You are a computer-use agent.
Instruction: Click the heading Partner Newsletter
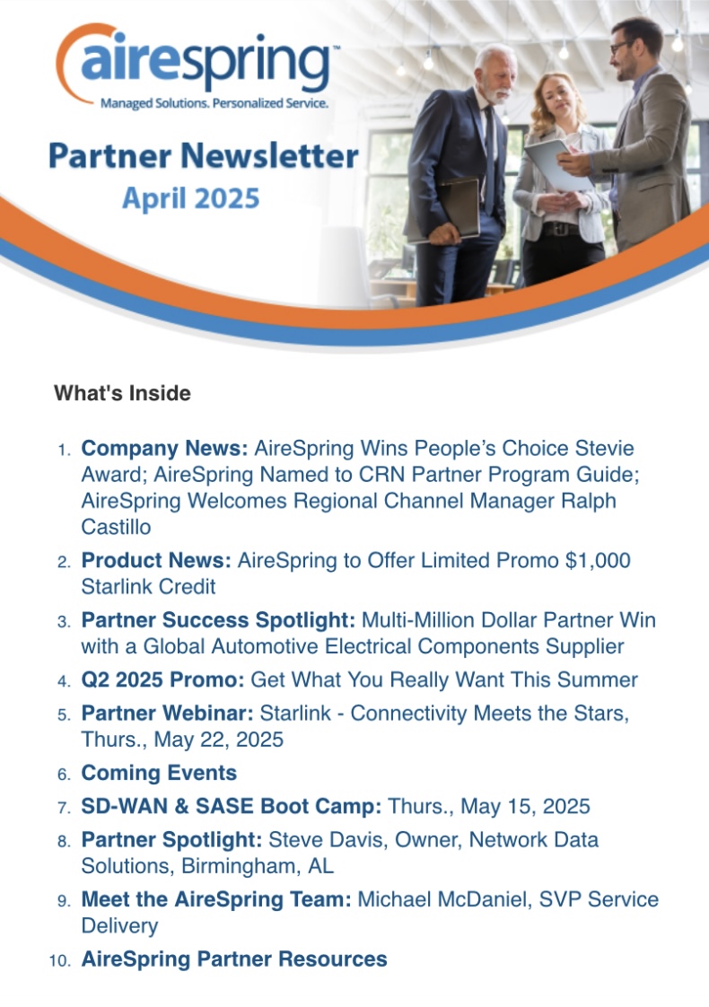tap(203, 156)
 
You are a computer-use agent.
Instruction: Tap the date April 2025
tap(191, 198)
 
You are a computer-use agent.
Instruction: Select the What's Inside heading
tap(122, 393)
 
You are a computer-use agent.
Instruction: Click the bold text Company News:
tap(164, 448)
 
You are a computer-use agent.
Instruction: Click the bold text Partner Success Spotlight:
tap(218, 620)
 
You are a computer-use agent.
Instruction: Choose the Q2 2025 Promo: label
tap(162, 679)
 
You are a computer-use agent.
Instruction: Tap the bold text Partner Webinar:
tap(167, 713)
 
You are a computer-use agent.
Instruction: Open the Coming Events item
tap(159, 773)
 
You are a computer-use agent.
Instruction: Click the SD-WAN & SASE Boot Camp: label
tap(232, 806)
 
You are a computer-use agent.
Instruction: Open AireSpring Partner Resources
tap(233, 959)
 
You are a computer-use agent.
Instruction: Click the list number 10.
tap(60, 960)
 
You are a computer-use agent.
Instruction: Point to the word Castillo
tap(117, 527)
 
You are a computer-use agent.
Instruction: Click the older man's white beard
tap(496, 93)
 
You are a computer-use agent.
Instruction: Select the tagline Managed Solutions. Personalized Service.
tap(214, 102)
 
